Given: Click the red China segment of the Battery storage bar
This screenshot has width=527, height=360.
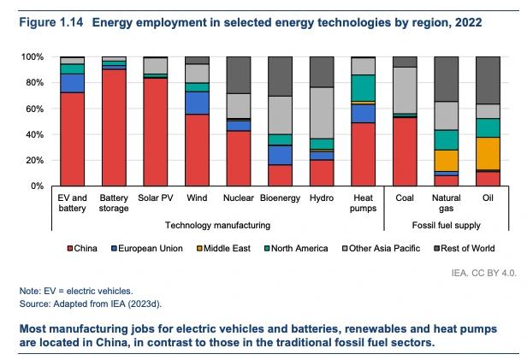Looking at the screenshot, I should (114, 128).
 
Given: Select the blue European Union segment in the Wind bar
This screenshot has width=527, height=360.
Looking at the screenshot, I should (198, 103).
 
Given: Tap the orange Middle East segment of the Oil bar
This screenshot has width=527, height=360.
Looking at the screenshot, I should (488, 153).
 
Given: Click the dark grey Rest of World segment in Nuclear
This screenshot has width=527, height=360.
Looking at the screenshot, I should (239, 74).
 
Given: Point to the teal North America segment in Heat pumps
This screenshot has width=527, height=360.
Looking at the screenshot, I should (364, 88).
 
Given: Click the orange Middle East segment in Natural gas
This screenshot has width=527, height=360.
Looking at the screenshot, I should (447, 161).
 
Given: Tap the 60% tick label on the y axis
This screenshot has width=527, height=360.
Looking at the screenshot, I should (32, 109).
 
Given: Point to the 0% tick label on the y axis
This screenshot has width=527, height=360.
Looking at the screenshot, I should (35, 186).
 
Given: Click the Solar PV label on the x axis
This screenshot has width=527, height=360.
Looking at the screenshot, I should (156, 199).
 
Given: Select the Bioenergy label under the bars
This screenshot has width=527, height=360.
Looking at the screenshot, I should (280, 199).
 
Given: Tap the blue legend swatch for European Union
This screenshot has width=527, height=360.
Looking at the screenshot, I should (114, 249).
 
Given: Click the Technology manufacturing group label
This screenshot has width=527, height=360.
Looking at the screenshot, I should (218, 226).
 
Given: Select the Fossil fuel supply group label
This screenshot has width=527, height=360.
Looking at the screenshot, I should (447, 226).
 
